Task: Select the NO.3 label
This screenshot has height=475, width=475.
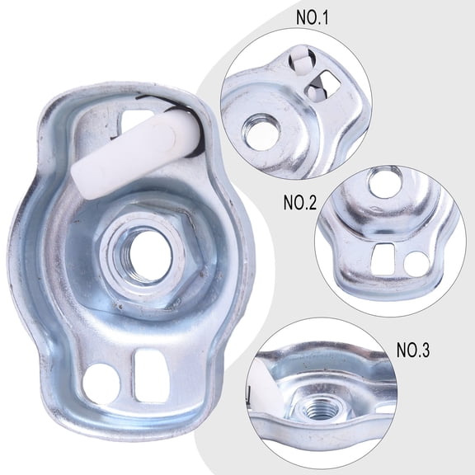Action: pyautogui.click(x=412, y=349)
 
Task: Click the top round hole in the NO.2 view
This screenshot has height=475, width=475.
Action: pyautogui.click(x=383, y=182)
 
